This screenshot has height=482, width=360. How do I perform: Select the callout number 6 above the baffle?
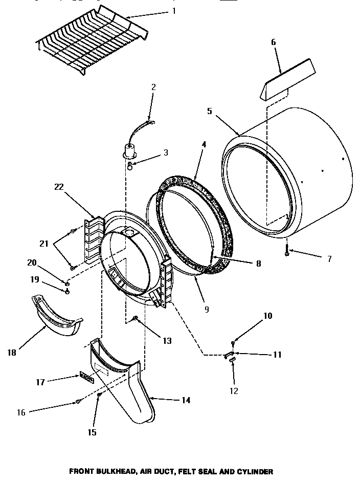tap(274, 42)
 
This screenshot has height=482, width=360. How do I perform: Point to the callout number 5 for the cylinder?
tap(210, 111)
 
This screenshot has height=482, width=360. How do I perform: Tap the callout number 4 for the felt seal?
tap(204, 145)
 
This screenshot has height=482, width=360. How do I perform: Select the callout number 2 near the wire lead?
tap(153, 87)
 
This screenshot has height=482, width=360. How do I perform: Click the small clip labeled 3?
tap(130, 165)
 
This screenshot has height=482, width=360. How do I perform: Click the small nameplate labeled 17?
tap(85, 377)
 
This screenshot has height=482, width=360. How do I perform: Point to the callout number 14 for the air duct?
tap(186, 400)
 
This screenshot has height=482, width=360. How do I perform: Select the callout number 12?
tap(234, 391)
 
